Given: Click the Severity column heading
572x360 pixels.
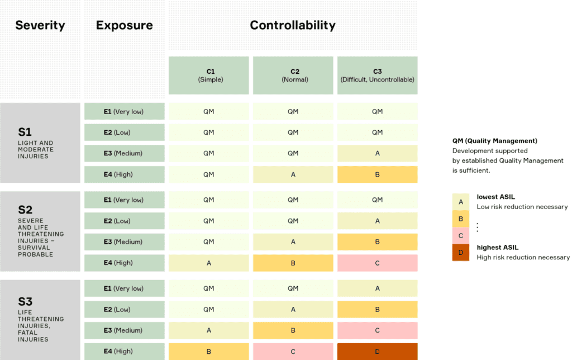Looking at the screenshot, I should (40, 26).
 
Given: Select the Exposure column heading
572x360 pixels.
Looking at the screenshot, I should (124, 26).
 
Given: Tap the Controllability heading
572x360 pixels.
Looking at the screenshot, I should (293, 26).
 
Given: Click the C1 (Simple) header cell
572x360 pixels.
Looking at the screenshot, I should (208, 75).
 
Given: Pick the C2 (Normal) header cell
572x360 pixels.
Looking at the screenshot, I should (293, 75).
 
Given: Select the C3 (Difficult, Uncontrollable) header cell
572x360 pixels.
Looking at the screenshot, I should (377, 75).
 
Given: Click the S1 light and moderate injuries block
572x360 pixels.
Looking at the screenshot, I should (40, 143).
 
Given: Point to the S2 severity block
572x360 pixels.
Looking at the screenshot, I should (40, 231).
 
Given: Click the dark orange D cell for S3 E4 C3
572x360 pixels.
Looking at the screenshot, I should (377, 352).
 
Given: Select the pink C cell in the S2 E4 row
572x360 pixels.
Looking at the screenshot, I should (377, 263).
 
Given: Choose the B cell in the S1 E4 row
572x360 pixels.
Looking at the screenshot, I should (377, 174).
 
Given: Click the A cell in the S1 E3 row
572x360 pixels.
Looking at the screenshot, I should (377, 153).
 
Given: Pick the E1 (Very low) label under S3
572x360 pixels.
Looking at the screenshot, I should (124, 288).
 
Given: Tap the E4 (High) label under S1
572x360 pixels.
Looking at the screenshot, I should (124, 174).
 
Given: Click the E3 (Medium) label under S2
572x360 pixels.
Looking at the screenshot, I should (124, 242).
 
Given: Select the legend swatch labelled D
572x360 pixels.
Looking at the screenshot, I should (461, 253).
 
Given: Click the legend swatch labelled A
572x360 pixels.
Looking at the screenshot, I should (461, 202).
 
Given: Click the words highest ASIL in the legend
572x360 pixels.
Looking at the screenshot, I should (497, 248).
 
